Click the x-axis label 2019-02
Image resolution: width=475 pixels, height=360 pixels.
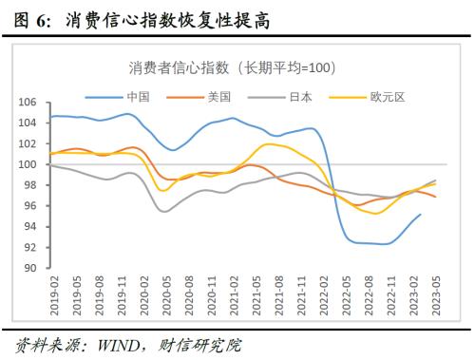coord(54,294)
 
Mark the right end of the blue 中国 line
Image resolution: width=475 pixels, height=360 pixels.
coord(421,214)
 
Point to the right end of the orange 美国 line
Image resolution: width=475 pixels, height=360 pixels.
coord(436,197)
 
